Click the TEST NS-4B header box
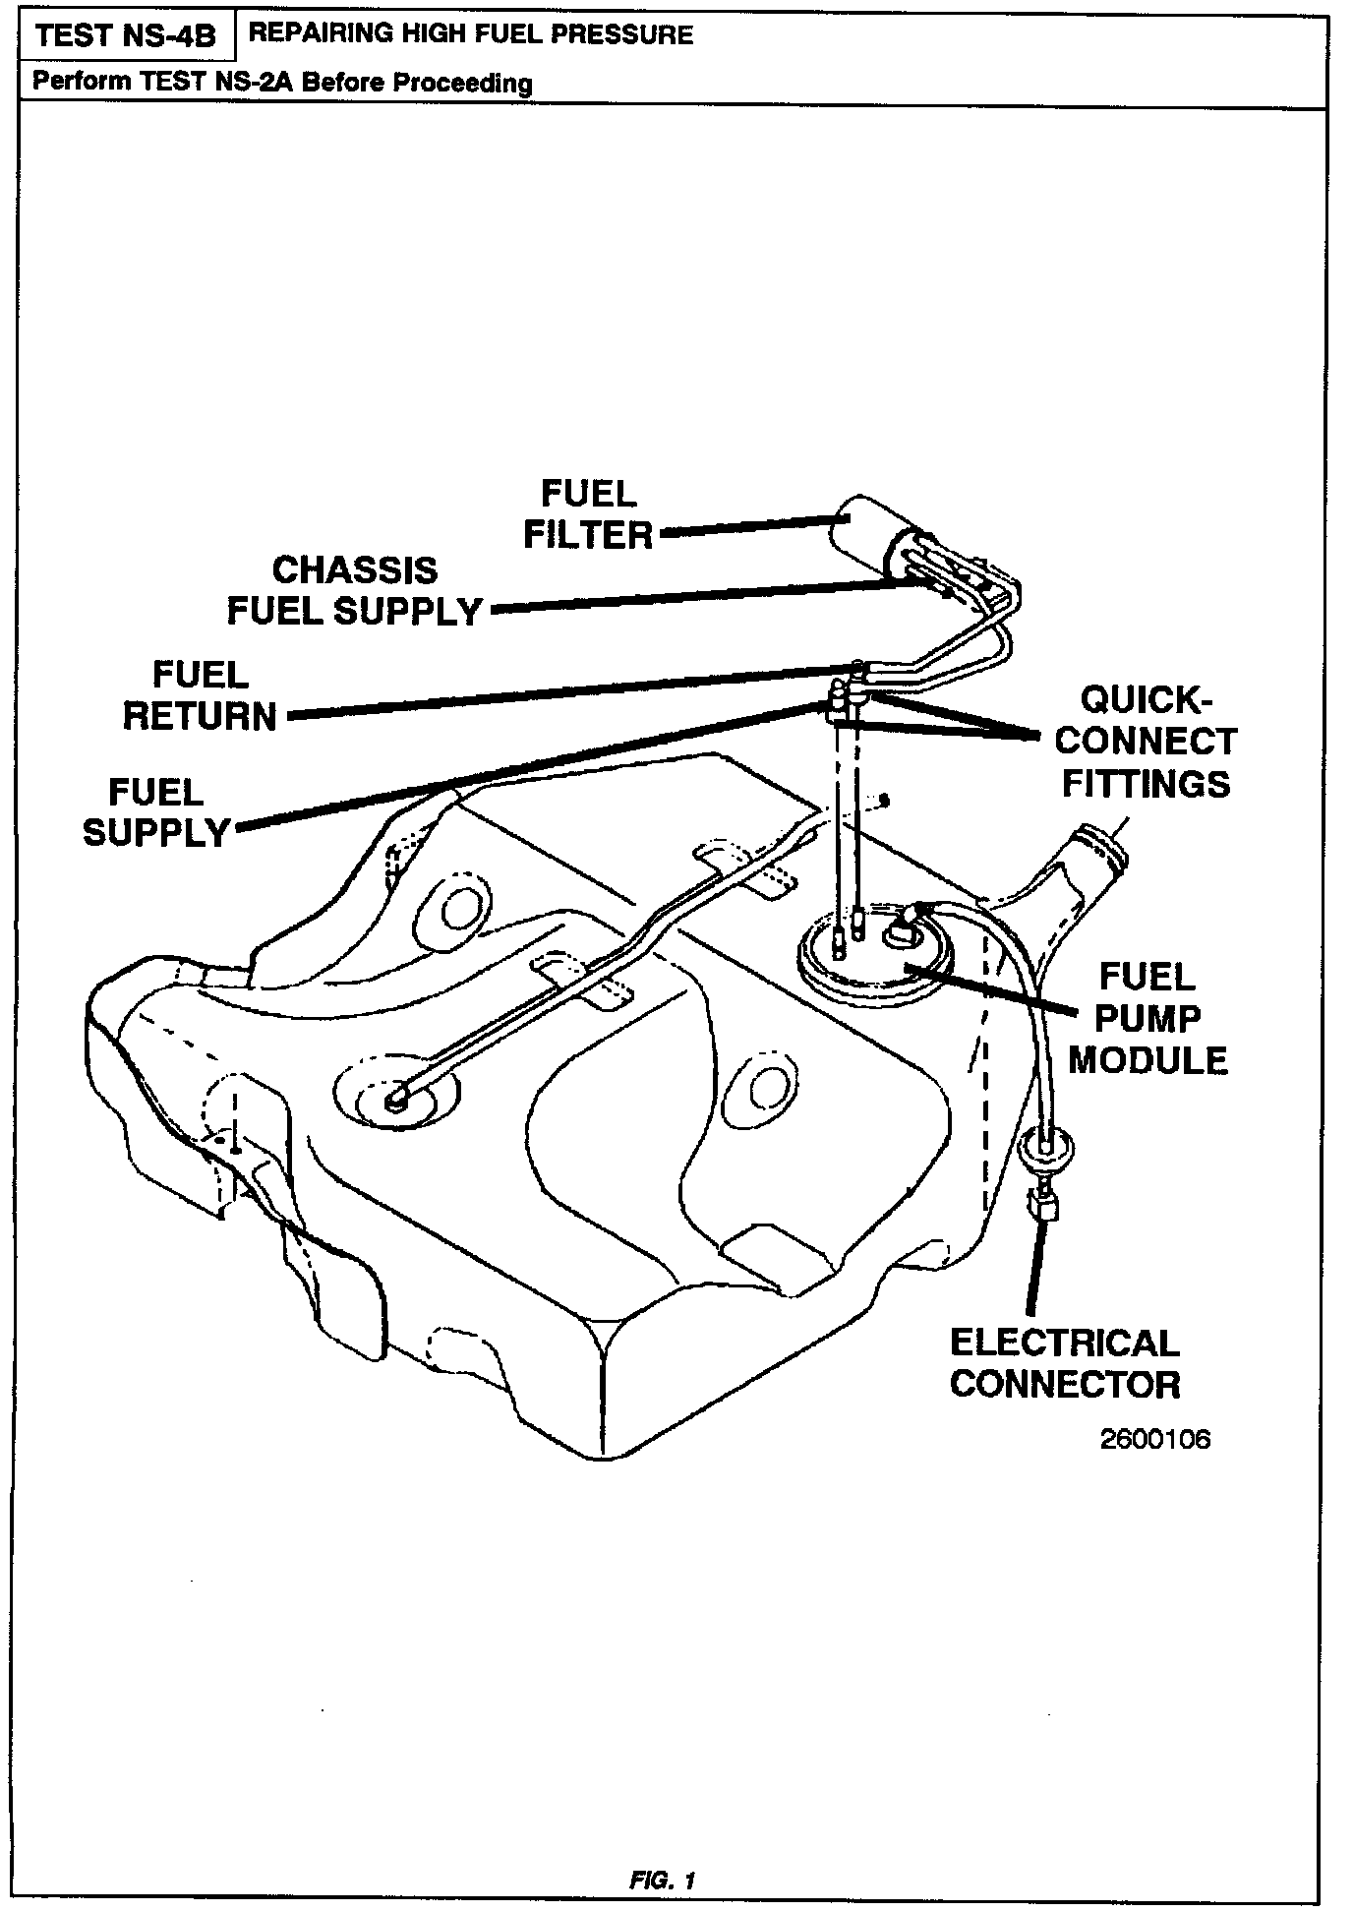125,37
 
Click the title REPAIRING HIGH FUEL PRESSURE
471,35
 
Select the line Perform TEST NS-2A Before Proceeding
282,83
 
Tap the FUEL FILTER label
588,514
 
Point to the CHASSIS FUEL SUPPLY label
355,591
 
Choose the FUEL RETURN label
201,696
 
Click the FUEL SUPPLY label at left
156,812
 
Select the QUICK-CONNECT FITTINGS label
1147,743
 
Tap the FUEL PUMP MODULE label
1147,1019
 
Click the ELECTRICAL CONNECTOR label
1065,1364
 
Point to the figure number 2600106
1155,1440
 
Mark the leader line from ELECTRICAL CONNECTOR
1033,1269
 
